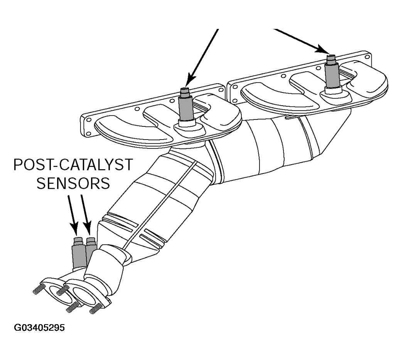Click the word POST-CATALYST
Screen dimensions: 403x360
73,165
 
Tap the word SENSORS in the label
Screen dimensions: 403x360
73,183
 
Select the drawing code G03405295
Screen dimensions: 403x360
39,328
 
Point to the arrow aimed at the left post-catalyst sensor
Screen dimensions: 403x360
73,215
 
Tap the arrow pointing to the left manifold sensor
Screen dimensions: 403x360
202,57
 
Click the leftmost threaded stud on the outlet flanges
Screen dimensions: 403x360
39,289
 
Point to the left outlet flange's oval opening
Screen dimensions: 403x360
61,294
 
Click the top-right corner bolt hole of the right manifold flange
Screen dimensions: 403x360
366,56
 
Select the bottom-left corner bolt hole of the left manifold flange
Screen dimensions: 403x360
89,133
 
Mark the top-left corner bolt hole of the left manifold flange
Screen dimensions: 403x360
89,120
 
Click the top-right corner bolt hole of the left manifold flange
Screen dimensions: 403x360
221,90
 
